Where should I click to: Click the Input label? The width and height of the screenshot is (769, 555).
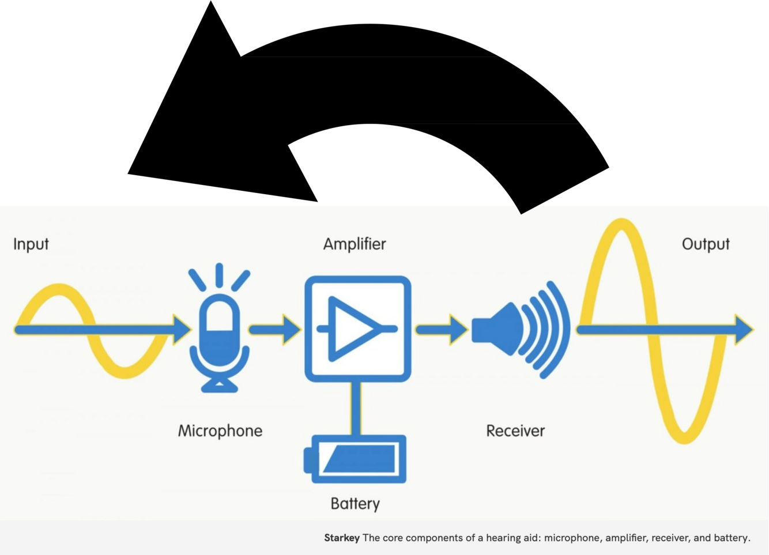pyautogui.click(x=31, y=244)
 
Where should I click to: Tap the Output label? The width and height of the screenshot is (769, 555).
pyautogui.click(x=706, y=244)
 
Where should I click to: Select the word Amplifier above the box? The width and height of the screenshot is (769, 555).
pyautogui.click(x=355, y=244)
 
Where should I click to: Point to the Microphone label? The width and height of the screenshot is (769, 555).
pyautogui.click(x=220, y=431)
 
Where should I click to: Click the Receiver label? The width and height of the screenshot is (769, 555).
pyautogui.click(x=515, y=431)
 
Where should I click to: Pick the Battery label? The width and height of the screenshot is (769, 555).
pyautogui.click(x=355, y=504)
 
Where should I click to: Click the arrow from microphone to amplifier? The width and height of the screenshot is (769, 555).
pyautogui.click(x=274, y=330)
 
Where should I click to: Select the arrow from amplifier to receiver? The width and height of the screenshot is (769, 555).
pyautogui.click(x=442, y=330)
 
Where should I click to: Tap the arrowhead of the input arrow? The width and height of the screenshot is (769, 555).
pyautogui.click(x=182, y=330)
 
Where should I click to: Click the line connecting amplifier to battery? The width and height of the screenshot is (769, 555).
pyautogui.click(x=356, y=408)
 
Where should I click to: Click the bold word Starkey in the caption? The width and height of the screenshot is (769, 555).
pyautogui.click(x=341, y=538)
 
